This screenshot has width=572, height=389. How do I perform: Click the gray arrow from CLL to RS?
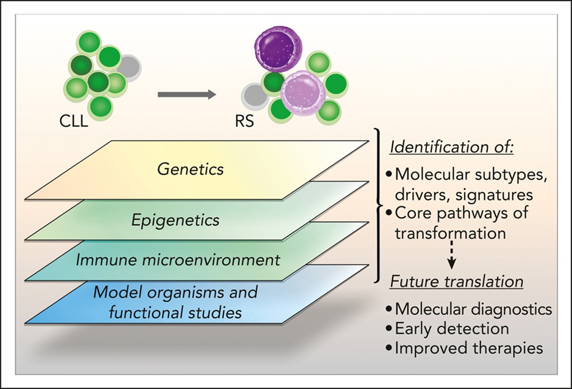187,94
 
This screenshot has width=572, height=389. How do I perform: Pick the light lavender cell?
303,93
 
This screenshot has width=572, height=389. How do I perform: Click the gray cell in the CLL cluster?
129,68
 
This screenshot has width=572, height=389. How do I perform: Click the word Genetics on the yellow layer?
190,169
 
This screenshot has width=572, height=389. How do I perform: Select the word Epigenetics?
175,220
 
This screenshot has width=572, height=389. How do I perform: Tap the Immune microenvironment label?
178,260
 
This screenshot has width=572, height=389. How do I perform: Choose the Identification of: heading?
452,147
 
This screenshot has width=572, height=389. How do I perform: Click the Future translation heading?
457,282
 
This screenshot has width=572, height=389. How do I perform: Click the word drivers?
423,195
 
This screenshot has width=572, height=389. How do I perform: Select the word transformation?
450,233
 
